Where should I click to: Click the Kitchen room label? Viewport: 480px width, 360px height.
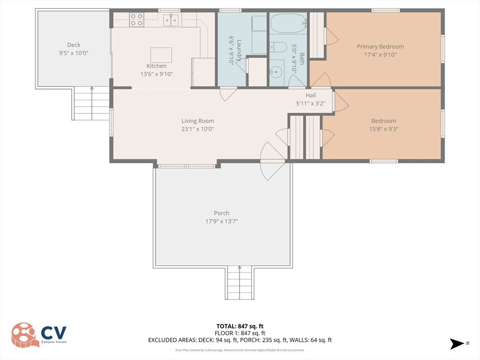pos(156,66)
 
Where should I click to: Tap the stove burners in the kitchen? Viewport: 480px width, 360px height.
pos(136,20)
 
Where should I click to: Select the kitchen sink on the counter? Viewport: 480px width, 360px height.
pos(171,20)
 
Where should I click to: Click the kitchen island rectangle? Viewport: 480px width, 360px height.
pos(161,55)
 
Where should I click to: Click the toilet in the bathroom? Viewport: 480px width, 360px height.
pos(277,47)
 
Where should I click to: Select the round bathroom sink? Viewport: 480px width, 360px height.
pos(276,73)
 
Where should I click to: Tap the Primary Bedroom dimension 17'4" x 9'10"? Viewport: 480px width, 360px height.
pos(380,55)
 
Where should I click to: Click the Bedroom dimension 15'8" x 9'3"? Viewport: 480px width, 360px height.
pos(383,129)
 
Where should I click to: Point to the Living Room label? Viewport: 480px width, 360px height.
pos(198,121)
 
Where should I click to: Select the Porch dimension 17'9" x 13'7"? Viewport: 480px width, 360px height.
pos(222,221)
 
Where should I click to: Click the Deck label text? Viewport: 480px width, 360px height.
pos(74,45)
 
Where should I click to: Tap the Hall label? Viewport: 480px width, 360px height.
pos(311,95)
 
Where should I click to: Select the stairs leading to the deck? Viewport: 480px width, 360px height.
pos(92,104)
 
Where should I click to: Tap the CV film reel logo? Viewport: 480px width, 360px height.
pos(25,335)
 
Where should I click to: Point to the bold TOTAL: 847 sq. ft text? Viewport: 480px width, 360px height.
pos(240,326)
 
